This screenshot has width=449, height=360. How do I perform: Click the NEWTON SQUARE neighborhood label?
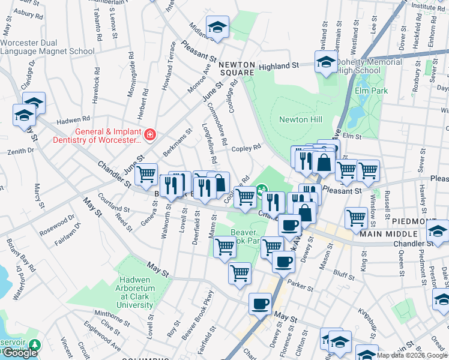coord(237,68)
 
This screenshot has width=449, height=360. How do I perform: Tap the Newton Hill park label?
coord(301,119)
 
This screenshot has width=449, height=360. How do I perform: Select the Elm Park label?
coord(371,91)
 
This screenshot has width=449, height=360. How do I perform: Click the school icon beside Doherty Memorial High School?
coord(326,62)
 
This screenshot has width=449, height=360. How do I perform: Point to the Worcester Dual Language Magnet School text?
coord(47,47)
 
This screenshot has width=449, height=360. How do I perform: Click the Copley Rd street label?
coord(246,148)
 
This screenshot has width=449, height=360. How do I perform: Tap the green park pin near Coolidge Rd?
coord(262,191)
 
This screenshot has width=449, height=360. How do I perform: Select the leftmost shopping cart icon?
coord(146,175)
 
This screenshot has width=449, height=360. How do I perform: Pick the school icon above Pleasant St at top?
coord(217,26)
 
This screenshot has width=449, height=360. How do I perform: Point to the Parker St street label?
coord(297,281)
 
